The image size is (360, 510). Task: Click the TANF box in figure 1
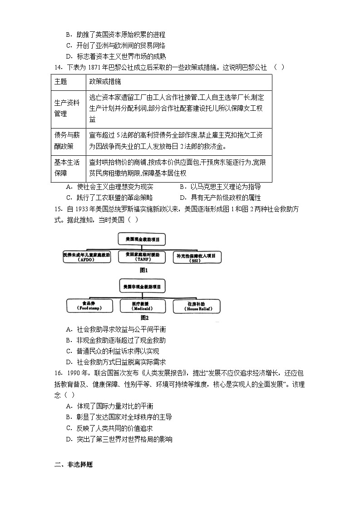tap(142, 257)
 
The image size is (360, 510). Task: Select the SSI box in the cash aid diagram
tap(198, 257)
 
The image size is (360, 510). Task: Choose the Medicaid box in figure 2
tap(142, 306)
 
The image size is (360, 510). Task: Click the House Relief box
tap(196, 306)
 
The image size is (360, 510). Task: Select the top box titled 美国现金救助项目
tap(142, 239)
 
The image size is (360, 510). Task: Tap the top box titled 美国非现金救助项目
tap(142, 287)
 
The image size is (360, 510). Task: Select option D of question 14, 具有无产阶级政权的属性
tap(220, 198)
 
